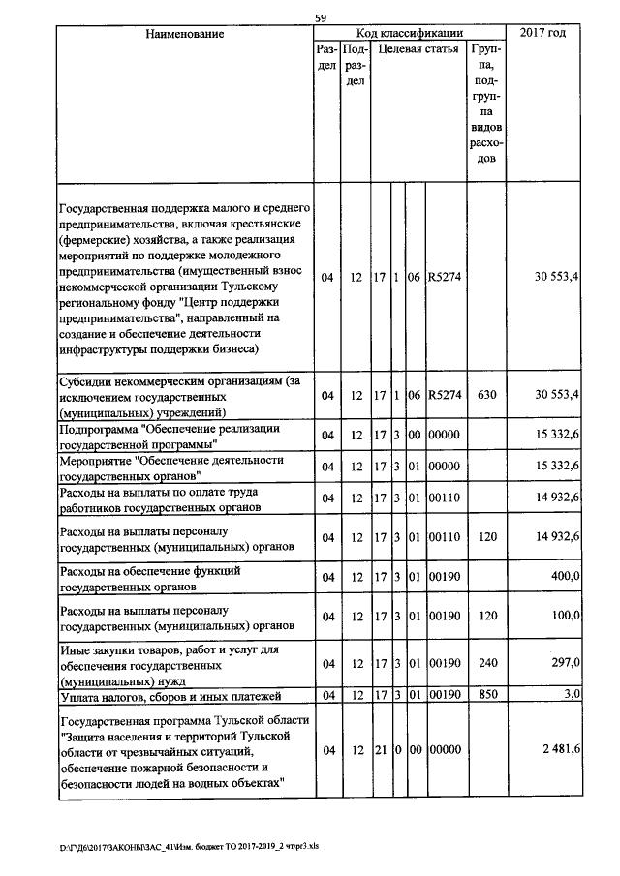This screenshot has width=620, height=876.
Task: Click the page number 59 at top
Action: tap(321, 16)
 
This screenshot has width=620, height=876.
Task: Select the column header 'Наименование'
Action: tap(184, 34)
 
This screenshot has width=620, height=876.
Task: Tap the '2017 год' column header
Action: tap(544, 34)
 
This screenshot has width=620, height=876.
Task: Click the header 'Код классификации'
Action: tap(410, 34)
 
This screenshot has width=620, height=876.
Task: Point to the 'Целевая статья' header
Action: tap(418, 48)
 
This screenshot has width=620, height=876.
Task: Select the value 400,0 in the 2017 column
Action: tap(563, 578)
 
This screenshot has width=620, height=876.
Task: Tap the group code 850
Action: tap(487, 695)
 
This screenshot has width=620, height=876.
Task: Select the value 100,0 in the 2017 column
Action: tap(563, 616)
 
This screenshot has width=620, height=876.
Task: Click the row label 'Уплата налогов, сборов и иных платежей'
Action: tap(170, 696)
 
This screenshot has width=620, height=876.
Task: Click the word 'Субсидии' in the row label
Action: tap(87, 381)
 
